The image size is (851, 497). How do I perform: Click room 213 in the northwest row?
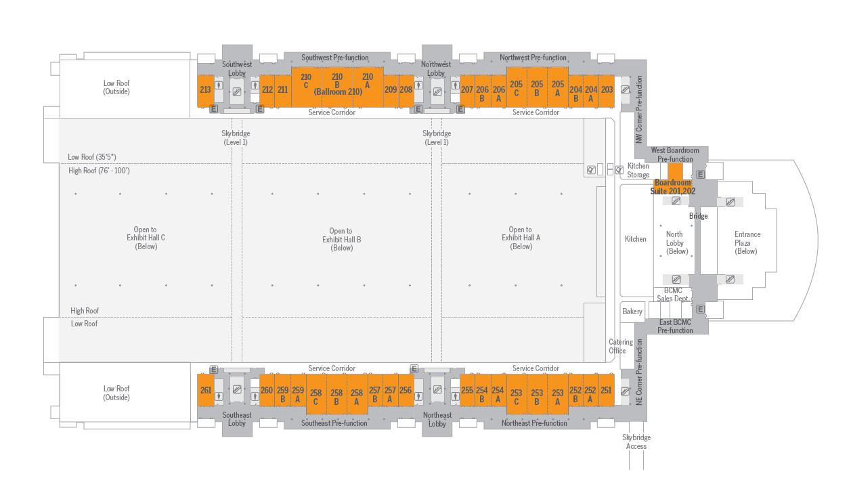pos(205,89)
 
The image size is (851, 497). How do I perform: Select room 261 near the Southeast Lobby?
pos(206,390)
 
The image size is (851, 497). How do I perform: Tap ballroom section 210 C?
pos(306,81)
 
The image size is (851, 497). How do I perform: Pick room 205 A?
pos(557,88)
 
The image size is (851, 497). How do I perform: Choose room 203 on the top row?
pos(607,89)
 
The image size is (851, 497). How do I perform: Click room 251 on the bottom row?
pos(606,390)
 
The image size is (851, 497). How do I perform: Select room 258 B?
pos(336,396)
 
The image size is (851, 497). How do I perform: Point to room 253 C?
pos(516,396)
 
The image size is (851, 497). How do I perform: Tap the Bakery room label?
pos(632,311)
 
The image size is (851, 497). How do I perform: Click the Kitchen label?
pos(635,238)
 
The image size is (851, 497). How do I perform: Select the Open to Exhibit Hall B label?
pos(341,239)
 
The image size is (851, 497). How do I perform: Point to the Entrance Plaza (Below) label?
pos(747,242)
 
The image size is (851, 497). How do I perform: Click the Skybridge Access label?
pos(636,441)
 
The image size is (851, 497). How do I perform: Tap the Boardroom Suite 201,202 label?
pos(673,187)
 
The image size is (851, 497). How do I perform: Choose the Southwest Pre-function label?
pos(334,58)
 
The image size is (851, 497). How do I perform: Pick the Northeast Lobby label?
pos(437,419)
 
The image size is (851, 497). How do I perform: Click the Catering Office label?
pos(619,346)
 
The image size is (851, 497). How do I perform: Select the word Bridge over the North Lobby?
pos(698,216)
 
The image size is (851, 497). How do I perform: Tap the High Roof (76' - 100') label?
pos(99,171)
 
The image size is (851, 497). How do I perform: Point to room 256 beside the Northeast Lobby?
pos(406,390)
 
